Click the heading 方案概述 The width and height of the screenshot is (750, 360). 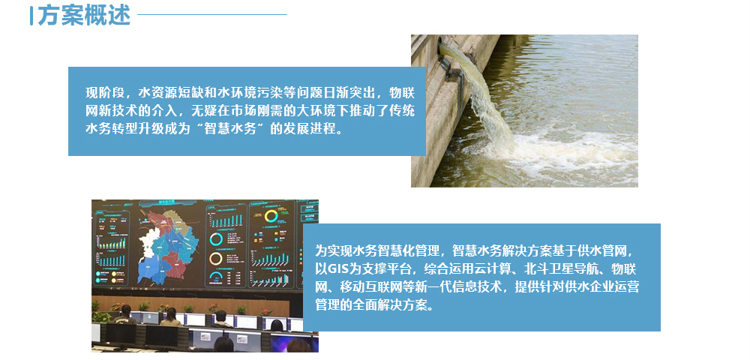pyautogui.click(x=83, y=15)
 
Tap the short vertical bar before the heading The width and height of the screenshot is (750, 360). pyautogui.click(x=31, y=15)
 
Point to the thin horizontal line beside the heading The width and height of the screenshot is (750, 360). pyautogui.click(x=212, y=14)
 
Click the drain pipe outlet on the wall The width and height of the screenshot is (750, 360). pyautogui.click(x=447, y=53)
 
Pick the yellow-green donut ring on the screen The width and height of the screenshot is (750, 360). pyautogui.click(x=271, y=215)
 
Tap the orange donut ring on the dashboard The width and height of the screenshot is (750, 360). pyautogui.click(x=216, y=259)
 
